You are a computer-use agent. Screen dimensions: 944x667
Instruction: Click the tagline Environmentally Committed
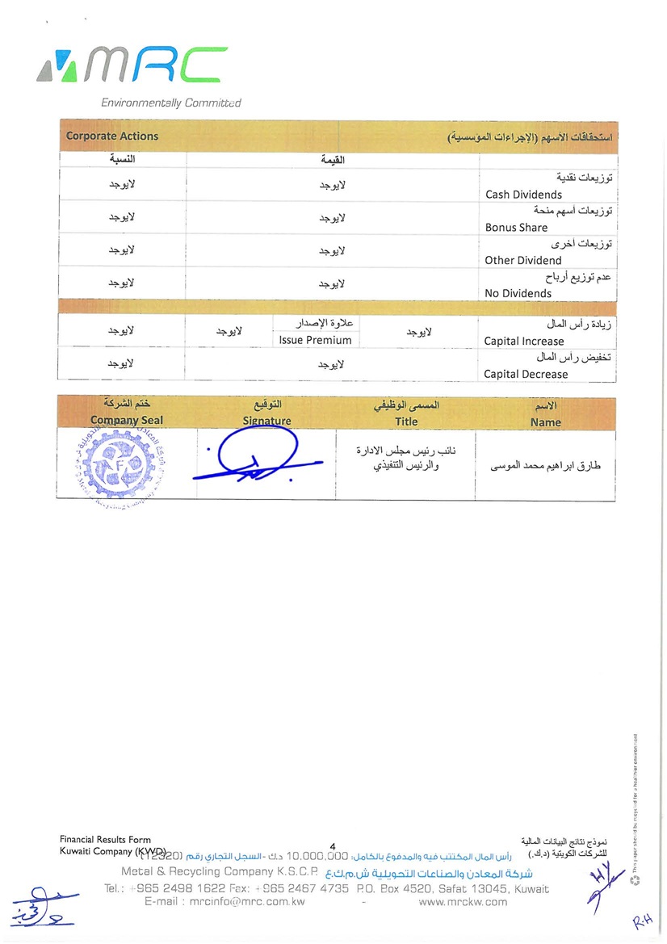(170, 103)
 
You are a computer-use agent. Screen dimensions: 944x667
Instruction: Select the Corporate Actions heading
(111, 136)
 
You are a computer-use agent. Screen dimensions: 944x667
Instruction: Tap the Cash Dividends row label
(523, 195)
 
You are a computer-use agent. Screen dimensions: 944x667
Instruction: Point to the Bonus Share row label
(516, 228)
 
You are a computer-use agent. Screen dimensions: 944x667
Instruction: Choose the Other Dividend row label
(522, 261)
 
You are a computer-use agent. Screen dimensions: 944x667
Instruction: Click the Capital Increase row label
(524, 342)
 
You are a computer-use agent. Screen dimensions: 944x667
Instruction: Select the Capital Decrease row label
(526, 375)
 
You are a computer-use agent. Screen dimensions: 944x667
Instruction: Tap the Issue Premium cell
(315, 341)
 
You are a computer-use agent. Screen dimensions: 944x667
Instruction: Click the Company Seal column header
(127, 420)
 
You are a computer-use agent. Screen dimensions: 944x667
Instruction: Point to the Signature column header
(266, 421)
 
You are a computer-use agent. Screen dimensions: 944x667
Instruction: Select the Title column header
(406, 421)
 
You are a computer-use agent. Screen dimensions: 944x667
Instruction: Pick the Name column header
(546, 422)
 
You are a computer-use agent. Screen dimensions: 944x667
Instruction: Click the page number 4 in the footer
(332, 845)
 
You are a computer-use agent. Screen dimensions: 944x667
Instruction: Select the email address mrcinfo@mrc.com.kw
(224, 902)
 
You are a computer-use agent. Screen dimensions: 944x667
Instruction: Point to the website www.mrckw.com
(463, 902)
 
